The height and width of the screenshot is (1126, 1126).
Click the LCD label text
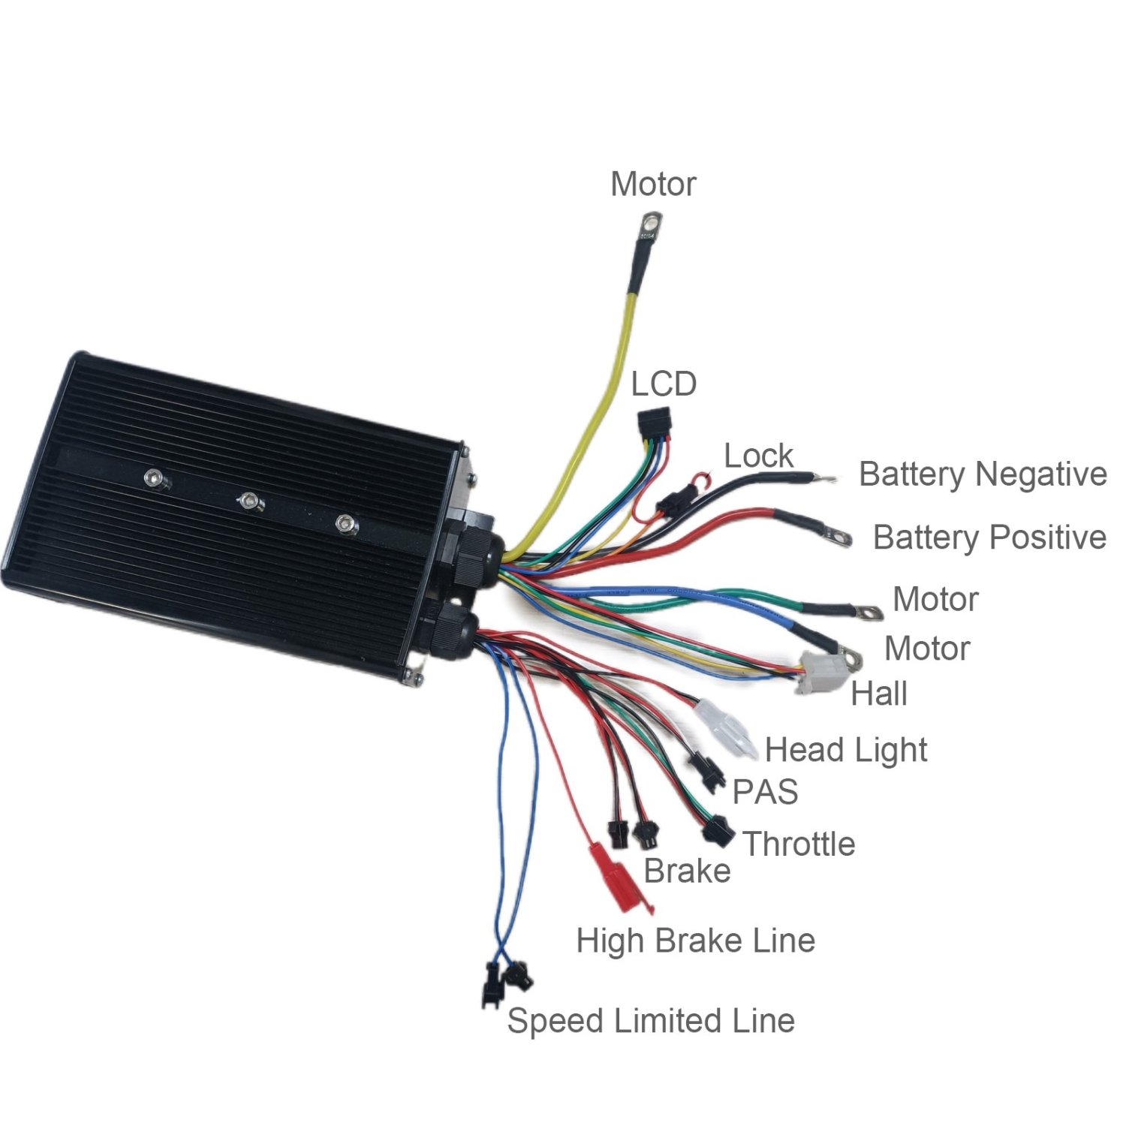point(664,384)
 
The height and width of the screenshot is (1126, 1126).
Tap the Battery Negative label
point(982,474)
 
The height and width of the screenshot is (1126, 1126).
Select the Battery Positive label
point(989,537)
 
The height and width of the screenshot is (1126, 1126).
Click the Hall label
point(879,694)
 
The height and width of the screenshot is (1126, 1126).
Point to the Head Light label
point(846,750)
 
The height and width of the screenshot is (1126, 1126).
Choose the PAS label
point(765,792)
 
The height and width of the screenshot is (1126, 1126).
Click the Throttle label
point(799,844)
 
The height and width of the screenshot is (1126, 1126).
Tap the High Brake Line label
point(695,941)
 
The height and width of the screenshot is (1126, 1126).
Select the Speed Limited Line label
point(651,1021)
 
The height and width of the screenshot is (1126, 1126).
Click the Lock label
point(758,456)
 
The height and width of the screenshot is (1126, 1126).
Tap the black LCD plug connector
point(654,426)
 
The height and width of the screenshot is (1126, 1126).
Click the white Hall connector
point(817,672)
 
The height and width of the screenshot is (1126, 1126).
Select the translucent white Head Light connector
point(727,728)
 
